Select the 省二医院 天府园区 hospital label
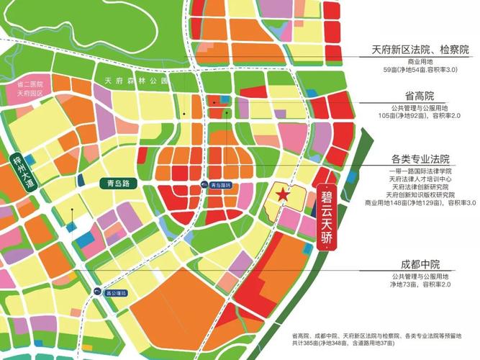30,89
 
